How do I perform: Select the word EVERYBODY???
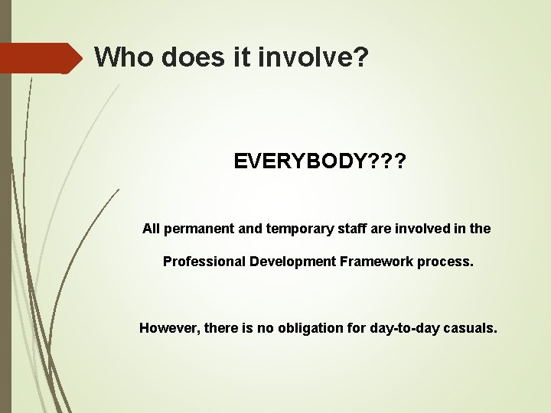(320, 162)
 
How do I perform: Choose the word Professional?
(203, 262)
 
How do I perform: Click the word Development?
(292, 262)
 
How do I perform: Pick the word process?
(445, 262)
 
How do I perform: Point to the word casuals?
(473, 328)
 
